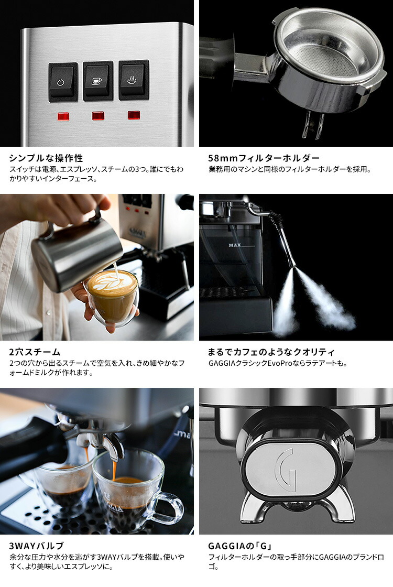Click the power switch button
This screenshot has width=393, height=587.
tap(63, 82)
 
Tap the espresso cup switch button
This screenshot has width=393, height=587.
tap(98, 81)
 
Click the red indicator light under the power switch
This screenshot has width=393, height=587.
tap(63, 116)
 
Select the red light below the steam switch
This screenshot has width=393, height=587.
tap(134, 115)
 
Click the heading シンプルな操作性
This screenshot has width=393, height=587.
tap(46, 158)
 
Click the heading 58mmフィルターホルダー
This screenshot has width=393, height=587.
tap(264, 158)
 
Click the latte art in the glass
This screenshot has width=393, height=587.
tap(112, 283)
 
